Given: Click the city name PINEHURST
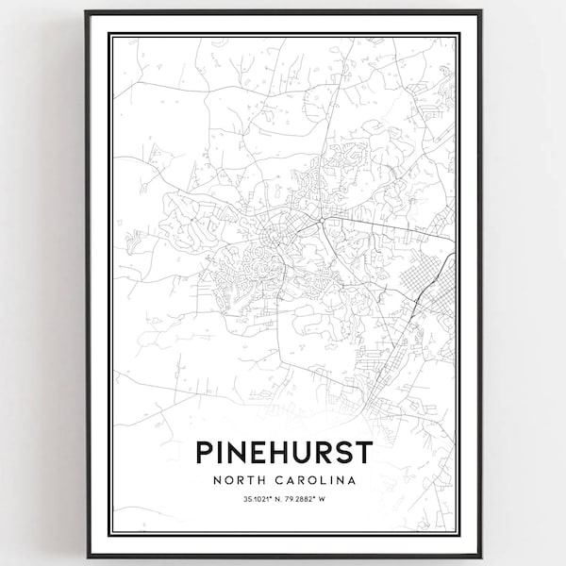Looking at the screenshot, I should (284, 452).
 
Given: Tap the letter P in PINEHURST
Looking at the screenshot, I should (203, 452).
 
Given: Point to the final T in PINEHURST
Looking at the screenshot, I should (365, 452).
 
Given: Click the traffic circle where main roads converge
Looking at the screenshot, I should (322, 220).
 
